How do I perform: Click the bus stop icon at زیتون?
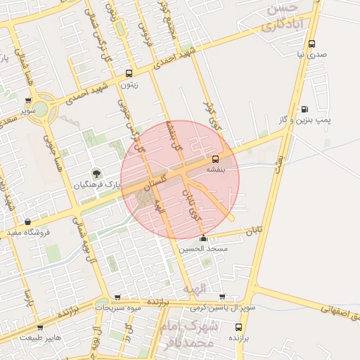[128, 73]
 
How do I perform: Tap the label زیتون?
[129, 85]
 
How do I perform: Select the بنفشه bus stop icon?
[215, 158]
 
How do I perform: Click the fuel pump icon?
[304, 109]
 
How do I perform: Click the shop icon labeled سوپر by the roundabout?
[27, 101]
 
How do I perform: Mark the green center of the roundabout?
[40, 109]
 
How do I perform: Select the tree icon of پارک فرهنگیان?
[96, 174]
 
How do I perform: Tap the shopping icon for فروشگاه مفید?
[27, 222]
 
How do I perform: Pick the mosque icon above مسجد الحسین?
[203, 238]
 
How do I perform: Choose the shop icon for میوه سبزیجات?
[117, 297]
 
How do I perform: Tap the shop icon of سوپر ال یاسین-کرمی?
[222, 297]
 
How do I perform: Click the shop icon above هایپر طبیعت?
[39, 327]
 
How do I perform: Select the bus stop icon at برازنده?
[238, 327]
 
